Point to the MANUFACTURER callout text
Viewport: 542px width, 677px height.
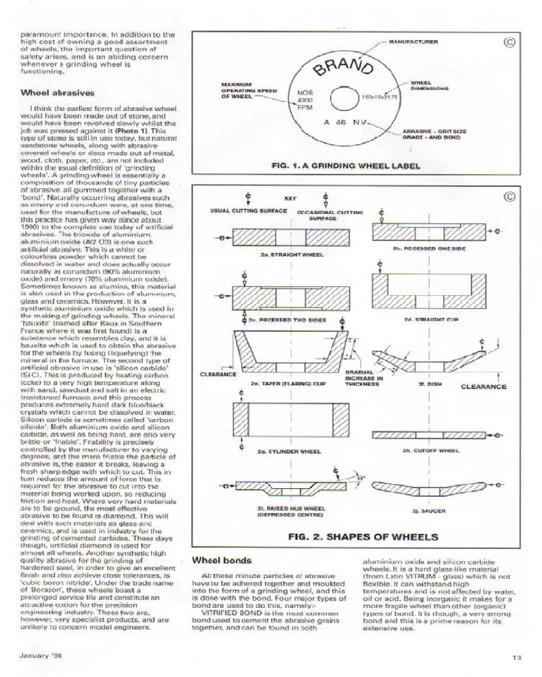tap(413, 42)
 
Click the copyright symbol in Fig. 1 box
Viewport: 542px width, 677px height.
tap(510, 42)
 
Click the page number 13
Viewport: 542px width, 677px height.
tap(517, 656)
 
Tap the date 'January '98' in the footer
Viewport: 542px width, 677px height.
tap(39, 655)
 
